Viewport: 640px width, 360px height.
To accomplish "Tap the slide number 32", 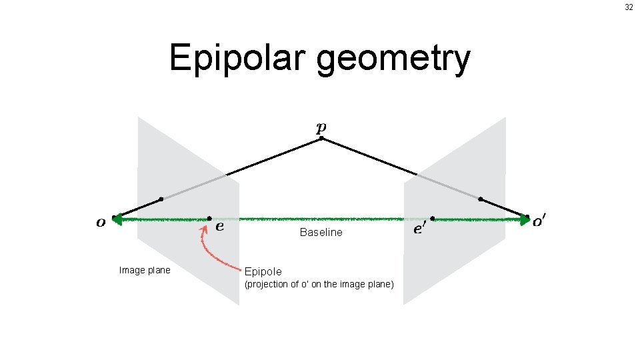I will [x=629, y=7].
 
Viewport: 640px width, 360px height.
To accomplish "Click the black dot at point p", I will [x=321, y=139].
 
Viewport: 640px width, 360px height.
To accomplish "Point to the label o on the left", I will [x=101, y=223].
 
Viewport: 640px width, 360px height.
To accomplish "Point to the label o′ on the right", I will [x=541, y=221].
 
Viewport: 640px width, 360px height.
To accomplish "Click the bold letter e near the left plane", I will [x=219, y=227].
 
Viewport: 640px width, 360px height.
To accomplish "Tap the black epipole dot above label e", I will [x=209, y=218].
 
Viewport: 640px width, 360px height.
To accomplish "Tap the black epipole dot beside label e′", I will [x=433, y=218].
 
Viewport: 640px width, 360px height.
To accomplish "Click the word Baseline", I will [x=321, y=233].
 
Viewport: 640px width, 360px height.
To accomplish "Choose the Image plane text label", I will [x=144, y=271].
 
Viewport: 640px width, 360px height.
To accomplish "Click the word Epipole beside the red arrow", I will [x=263, y=272].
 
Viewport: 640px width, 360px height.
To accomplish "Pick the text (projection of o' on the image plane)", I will [x=319, y=285].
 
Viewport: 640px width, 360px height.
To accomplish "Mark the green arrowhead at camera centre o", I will [x=118, y=218].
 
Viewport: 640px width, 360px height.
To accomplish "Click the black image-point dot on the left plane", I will [x=161, y=199].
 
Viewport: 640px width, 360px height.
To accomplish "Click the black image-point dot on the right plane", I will [x=481, y=199].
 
